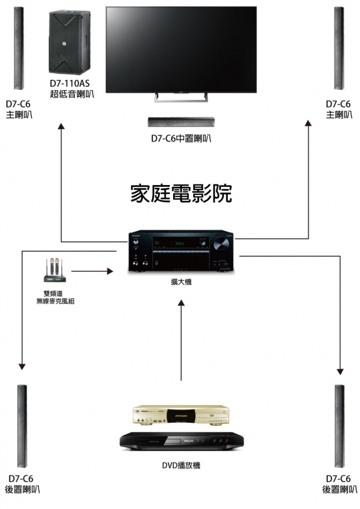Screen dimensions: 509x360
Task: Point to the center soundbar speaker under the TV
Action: pyautogui.click(x=181, y=121)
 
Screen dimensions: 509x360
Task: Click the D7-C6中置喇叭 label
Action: pyautogui.click(x=181, y=138)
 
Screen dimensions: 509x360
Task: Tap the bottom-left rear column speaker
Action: pyautogui.click(x=22, y=426)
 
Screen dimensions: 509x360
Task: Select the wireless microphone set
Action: pyautogui.click(x=52, y=272)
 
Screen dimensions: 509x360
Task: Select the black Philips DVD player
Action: pyautogui.click(x=181, y=441)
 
